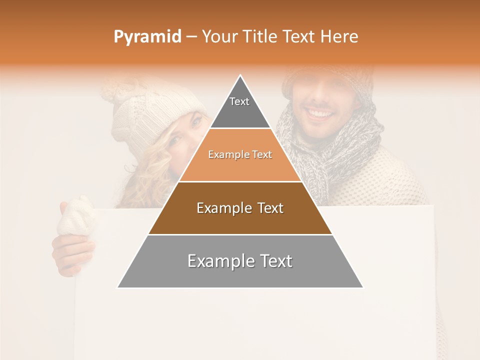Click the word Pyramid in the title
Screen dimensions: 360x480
[x=147, y=37]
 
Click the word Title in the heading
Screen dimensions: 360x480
[x=259, y=37]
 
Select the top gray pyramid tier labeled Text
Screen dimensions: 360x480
[x=240, y=107]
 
